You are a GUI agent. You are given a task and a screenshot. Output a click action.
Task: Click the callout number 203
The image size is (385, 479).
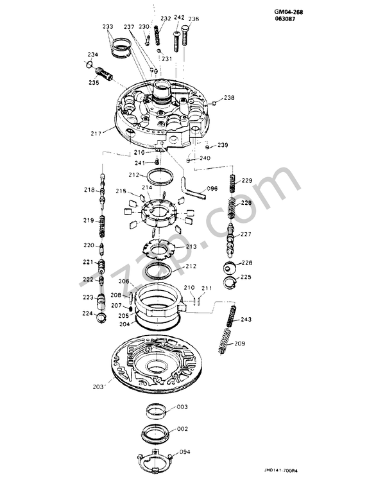pos(98,387)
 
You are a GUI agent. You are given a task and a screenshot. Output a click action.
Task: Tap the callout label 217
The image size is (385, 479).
pos(96,134)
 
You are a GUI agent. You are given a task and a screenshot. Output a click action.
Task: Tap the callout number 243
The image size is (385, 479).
pos(246,320)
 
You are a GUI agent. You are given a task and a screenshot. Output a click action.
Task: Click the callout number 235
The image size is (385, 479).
pos(94,83)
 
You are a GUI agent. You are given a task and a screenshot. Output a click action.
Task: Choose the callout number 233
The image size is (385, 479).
pos(107,26)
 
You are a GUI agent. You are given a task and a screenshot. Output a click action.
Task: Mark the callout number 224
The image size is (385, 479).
pos(88,313)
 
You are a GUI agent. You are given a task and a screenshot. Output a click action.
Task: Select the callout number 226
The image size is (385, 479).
pos(246,263)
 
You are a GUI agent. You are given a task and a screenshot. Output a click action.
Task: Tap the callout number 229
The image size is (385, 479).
pos(246,180)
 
